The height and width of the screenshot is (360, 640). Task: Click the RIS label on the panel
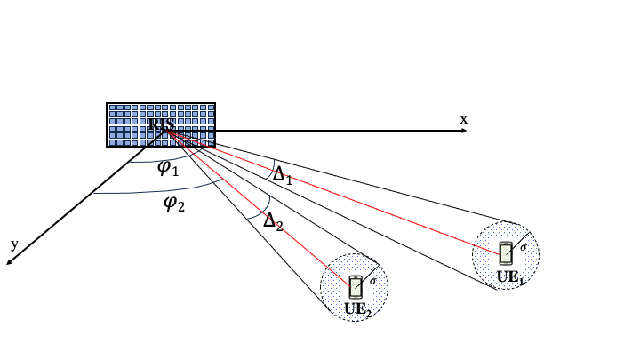pyautogui.click(x=161, y=125)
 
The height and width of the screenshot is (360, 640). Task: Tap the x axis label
pyautogui.click(x=463, y=119)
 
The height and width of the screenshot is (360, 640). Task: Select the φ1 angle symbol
pyautogui.click(x=168, y=168)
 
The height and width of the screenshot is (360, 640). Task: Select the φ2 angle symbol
pyautogui.click(x=173, y=203)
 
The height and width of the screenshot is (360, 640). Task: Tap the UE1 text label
pyautogui.click(x=508, y=276)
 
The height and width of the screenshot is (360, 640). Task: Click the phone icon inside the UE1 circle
pyautogui.click(x=506, y=252)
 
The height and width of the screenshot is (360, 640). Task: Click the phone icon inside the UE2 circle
pyautogui.click(x=356, y=286)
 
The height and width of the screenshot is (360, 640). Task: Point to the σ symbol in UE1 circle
pyautogui.click(x=524, y=246)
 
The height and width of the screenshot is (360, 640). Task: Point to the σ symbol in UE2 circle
pyautogui.click(x=372, y=281)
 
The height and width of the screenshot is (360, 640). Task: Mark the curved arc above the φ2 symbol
pyautogui.click(x=160, y=190)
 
